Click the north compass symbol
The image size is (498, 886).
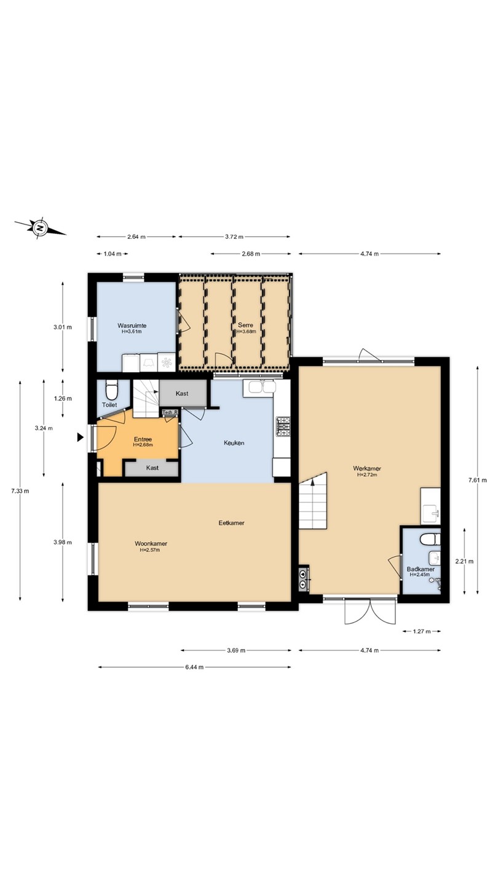coord(40,228)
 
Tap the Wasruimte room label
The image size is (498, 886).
coord(132,325)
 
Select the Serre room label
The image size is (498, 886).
coord(245,325)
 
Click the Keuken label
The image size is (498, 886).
coord(234,443)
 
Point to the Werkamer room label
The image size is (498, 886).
coord(367,469)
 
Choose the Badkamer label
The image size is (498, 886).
coord(421,569)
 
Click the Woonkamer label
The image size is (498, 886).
coord(151,543)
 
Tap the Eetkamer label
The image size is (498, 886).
coord(232,523)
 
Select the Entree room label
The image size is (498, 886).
coord(143,439)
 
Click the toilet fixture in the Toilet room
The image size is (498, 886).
coord(111,389)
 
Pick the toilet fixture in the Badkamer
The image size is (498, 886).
coord(430,539)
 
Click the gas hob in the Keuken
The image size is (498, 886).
coord(283,427)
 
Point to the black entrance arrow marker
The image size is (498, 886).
coord(81,437)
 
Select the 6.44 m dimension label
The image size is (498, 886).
coord(194,667)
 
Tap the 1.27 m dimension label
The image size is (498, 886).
coord(421,631)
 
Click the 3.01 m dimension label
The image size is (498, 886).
coord(63,327)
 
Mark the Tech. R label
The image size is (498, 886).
coord(170,412)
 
